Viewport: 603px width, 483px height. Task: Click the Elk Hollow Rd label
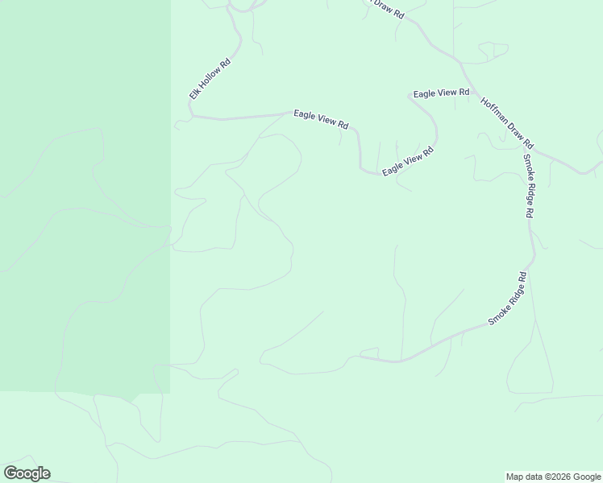click(x=210, y=79)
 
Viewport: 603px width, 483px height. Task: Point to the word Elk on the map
click(x=194, y=94)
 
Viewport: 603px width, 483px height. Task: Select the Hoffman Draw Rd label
click(x=507, y=122)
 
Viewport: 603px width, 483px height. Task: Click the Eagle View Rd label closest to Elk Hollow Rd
click(x=321, y=119)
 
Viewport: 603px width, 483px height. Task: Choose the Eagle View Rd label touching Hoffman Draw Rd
click(x=441, y=93)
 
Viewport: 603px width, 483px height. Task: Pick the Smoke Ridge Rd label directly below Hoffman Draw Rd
click(x=528, y=186)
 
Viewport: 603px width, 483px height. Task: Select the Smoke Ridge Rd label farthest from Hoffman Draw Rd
click(x=508, y=299)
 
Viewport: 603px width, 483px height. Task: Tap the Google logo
click(x=27, y=473)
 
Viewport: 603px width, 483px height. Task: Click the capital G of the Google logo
click(x=10, y=473)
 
